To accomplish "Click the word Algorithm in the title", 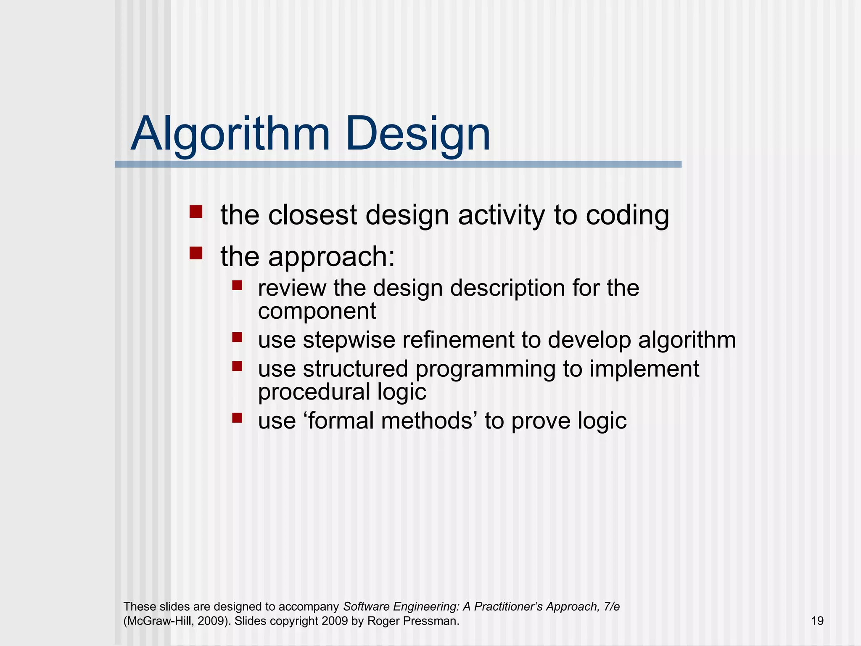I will pos(230,135).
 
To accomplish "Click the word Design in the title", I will pos(418,135).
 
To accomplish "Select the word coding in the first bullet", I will pos(627,215).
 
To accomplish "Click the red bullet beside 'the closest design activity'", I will pos(196,212).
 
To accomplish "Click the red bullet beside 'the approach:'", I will pos(196,253).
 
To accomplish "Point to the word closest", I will pos(312,215).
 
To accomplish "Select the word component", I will pos(317,312).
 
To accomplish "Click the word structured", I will pos(355,369).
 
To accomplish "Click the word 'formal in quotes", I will pos(340,421).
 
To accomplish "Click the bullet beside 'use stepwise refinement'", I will pos(237,337).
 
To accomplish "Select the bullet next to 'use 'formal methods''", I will pos(237,418).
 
